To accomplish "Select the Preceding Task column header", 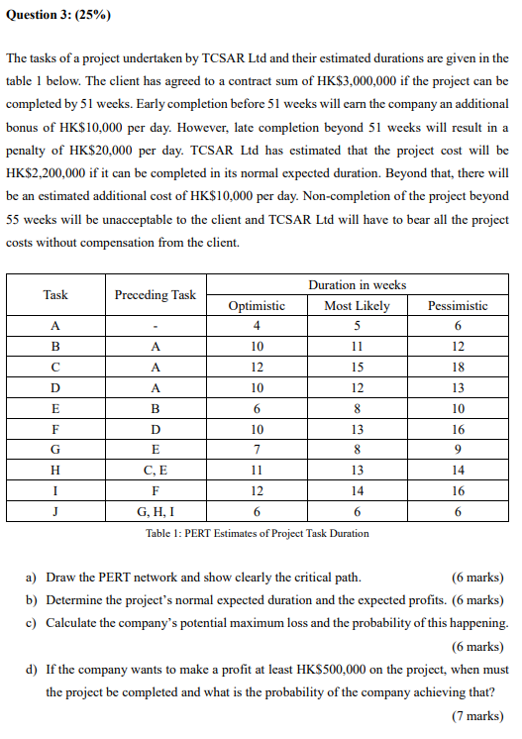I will pyautogui.click(x=155, y=294).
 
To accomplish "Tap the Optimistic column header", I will pyautogui.click(x=257, y=306).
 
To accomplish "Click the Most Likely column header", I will pyautogui.click(x=357, y=306).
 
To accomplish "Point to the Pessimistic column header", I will pyautogui.click(x=457, y=306).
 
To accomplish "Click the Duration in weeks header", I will pyautogui.click(x=357, y=284).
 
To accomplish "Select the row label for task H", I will pyautogui.click(x=55, y=471).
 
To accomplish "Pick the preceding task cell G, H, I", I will pyautogui.click(x=155, y=512).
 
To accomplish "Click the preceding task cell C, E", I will pyautogui.click(x=155, y=471).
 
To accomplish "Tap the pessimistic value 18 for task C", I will pyautogui.click(x=457, y=368).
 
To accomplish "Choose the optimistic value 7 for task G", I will pyautogui.click(x=257, y=450).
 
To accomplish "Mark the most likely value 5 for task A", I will pyautogui.click(x=357, y=326).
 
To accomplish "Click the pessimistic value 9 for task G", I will pyautogui.click(x=457, y=450).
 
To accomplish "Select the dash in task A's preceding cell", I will pyautogui.click(x=155, y=326).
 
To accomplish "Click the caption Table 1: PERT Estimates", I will pyautogui.click(x=257, y=533).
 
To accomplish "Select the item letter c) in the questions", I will pyautogui.click(x=32, y=622).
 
